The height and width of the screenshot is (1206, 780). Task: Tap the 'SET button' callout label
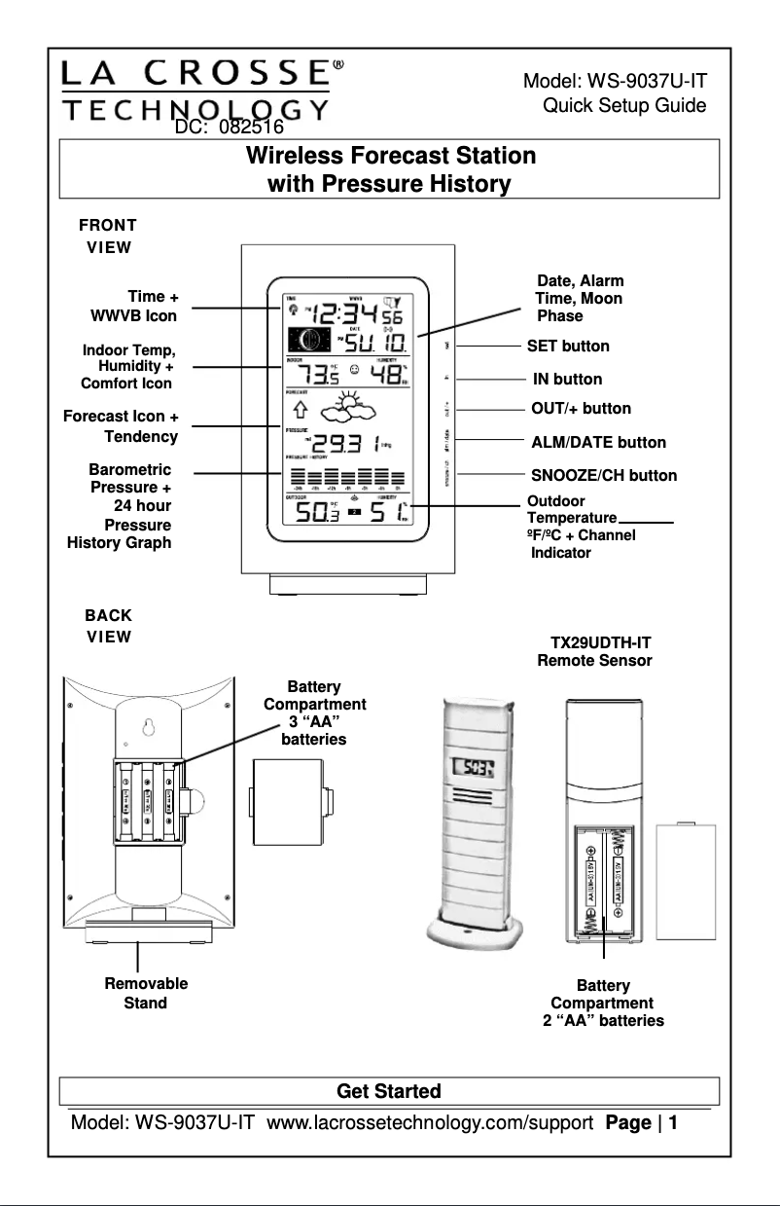coord(568,346)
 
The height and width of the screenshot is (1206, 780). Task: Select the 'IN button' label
coord(567,379)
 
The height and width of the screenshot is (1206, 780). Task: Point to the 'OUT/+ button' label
coord(581,408)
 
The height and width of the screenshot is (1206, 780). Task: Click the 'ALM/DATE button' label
coord(598,442)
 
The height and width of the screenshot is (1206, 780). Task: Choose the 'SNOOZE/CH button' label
coord(603,475)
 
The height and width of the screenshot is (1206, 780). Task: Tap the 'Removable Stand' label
coord(146,993)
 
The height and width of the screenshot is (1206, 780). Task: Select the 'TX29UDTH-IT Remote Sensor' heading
coord(594,651)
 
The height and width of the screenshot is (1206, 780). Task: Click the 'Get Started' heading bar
coord(388,1091)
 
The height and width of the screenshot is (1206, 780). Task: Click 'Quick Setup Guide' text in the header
coord(623,105)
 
